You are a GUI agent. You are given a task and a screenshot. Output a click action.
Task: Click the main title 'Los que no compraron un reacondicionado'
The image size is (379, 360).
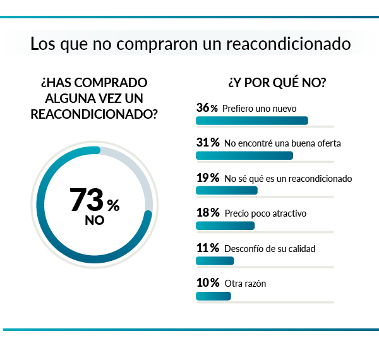tap(189, 45)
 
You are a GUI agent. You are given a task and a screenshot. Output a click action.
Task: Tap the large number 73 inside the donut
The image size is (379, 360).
tap(86, 200)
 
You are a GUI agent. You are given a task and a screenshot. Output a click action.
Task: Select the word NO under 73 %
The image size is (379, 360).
tap(95, 221)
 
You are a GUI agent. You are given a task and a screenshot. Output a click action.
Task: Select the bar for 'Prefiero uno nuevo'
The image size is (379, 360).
tap(252, 121)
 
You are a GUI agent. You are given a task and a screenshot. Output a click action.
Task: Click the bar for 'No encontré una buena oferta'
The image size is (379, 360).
tap(244, 155)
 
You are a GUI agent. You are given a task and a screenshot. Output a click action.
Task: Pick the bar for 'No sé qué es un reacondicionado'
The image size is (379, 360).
tap(227, 190)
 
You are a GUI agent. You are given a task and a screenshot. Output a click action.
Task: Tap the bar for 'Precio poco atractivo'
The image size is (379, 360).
tap(225, 225)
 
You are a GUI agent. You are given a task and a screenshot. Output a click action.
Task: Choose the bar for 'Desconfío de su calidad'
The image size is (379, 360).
tap(215, 260)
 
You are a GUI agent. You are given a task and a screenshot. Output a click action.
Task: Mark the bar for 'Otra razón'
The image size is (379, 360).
tap(214, 296)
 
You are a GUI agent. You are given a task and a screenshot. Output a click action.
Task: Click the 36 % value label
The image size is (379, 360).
tap(207, 108)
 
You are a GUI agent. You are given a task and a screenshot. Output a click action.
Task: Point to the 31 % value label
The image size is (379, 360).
tap(207, 143)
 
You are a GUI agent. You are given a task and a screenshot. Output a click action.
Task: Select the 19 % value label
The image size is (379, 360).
tap(207, 178)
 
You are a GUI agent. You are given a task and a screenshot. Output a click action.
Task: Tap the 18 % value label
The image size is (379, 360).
tap(207, 213)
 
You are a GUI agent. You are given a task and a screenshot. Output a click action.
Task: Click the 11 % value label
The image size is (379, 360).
tap(207, 248)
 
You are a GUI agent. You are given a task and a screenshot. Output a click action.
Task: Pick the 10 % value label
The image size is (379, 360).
tap(207, 283)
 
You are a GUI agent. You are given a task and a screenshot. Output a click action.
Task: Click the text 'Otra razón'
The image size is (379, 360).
tap(245, 284)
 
